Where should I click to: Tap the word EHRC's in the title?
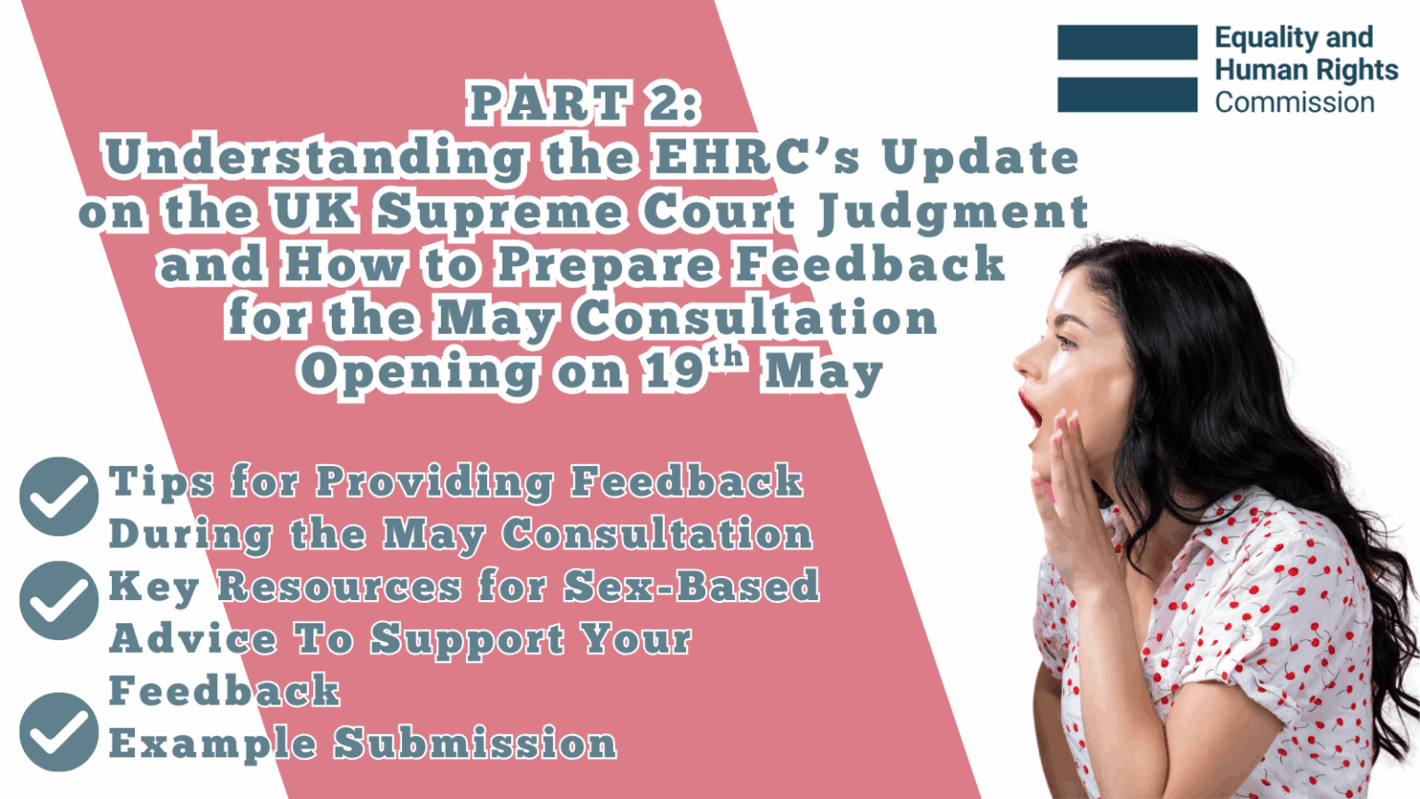pos(757,157)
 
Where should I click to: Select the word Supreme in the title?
pos(499,212)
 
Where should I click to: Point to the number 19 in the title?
pos(674,372)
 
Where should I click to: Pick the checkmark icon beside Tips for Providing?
pos(58,497)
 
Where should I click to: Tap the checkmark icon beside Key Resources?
pos(58,600)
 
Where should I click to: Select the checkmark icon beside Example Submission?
pos(58,731)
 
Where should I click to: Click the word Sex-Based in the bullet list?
pos(692,586)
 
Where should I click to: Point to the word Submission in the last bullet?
pos(475,744)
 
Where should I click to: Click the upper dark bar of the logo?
pos(1127,43)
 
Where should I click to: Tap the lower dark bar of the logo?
pos(1127,94)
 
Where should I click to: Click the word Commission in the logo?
pos(1294,102)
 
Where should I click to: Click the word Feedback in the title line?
pos(870,264)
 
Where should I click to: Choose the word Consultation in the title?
pos(755,318)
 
